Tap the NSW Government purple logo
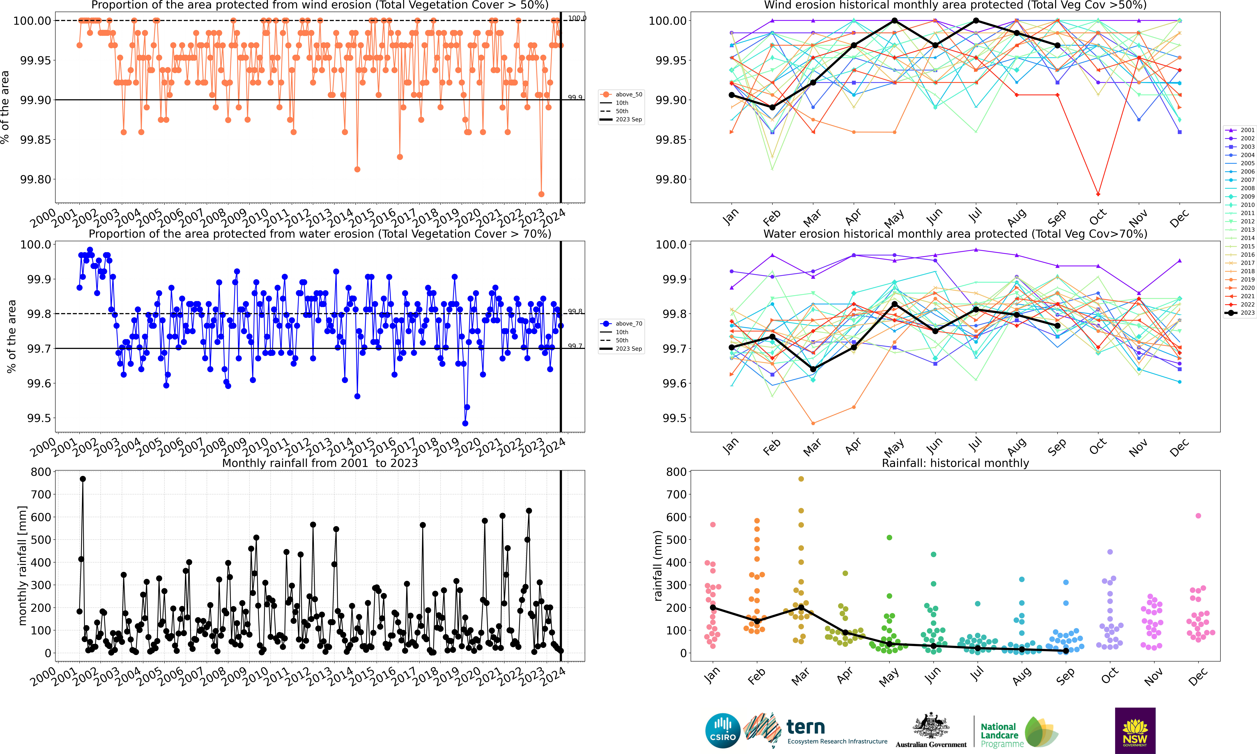1135,730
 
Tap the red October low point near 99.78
1098,194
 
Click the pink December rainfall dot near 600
1198,516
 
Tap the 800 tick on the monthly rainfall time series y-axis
41,472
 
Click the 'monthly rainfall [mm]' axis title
22,566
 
